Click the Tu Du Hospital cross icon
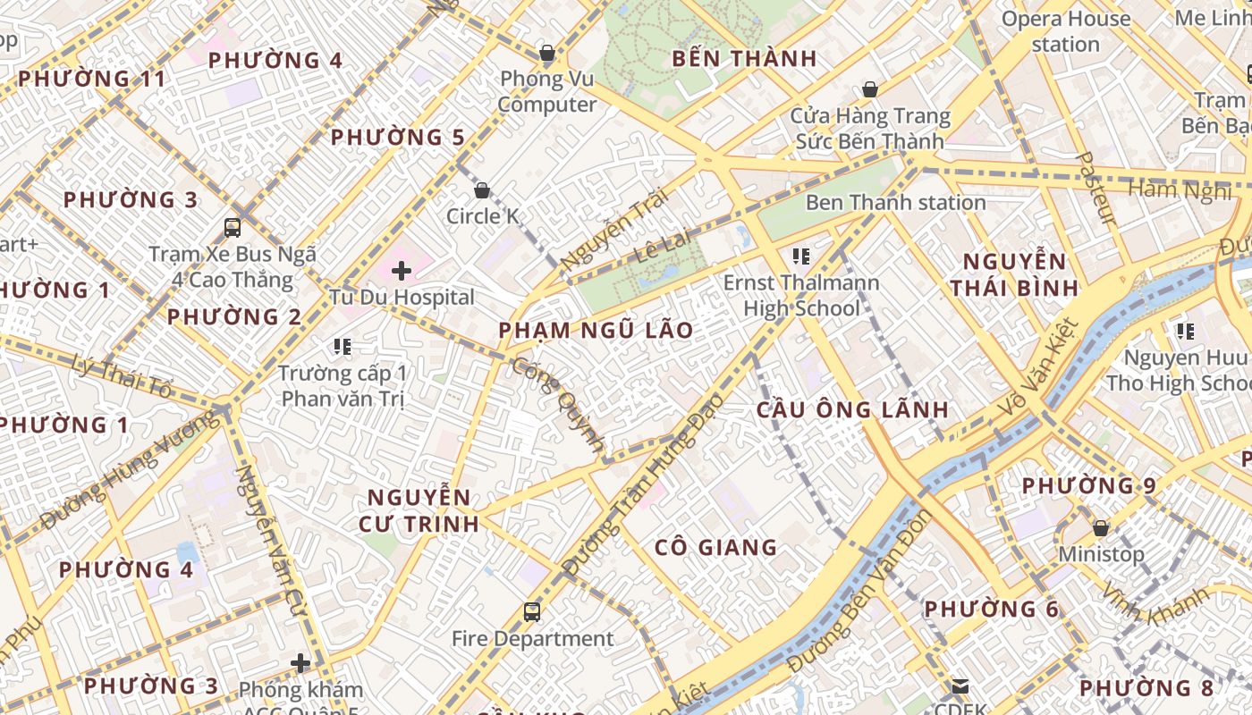pos(402,270)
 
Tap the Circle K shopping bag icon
pos(482,190)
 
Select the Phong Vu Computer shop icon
pos(547,54)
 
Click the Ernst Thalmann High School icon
pos(801,257)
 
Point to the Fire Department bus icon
pos(532,612)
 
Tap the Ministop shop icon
pos(1101,528)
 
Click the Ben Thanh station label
pos(895,203)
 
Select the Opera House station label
pos(1065,31)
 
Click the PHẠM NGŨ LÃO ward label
pos(596,331)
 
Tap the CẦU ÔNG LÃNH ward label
pos(852,410)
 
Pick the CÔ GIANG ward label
pos(715,548)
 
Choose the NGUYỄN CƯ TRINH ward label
pos(419,510)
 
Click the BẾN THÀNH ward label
pos(744,59)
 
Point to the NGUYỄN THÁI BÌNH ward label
pos(1014,274)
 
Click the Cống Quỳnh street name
pos(559,403)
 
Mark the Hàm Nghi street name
pos(1180,189)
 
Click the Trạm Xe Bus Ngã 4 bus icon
pos(233,228)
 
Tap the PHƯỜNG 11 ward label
pos(92,79)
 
